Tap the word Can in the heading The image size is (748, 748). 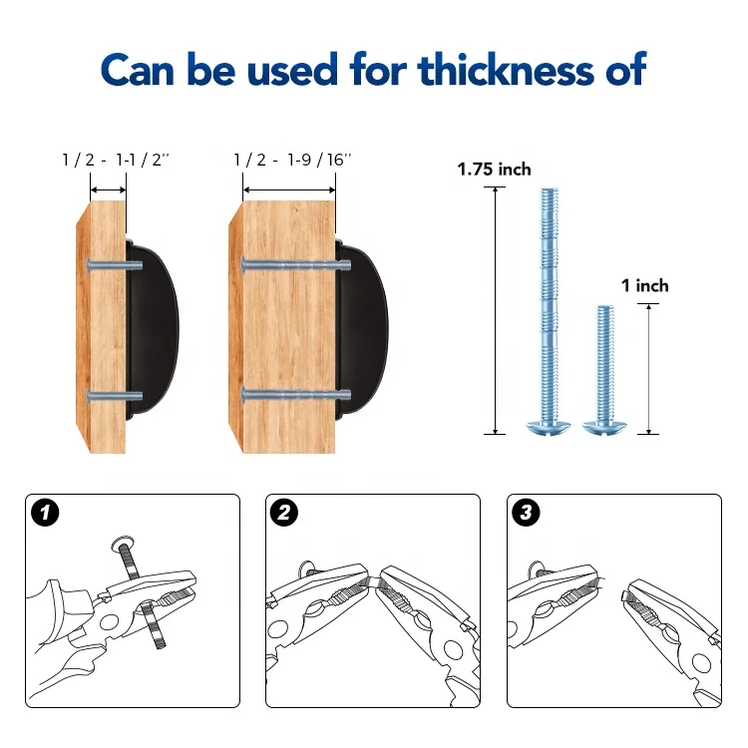click(138, 70)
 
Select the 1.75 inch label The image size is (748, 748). click(495, 170)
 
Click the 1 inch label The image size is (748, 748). click(645, 286)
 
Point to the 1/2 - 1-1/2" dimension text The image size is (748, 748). click(116, 160)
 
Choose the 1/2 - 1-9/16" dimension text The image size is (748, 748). click(292, 160)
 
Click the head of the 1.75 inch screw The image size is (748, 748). click(549, 427)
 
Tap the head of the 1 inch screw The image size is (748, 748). click(604, 427)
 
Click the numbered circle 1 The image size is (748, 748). click(45, 513)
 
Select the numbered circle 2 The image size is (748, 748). click(284, 513)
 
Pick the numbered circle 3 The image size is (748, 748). click(526, 513)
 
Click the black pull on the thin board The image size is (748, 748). click(152, 330)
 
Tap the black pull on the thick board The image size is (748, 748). click(361, 330)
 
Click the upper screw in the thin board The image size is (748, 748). click(115, 265)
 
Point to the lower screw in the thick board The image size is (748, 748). click(296, 395)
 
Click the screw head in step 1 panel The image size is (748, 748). click(123, 544)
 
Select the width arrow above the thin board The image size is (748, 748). click(109, 190)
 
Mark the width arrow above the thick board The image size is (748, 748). click(289, 190)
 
